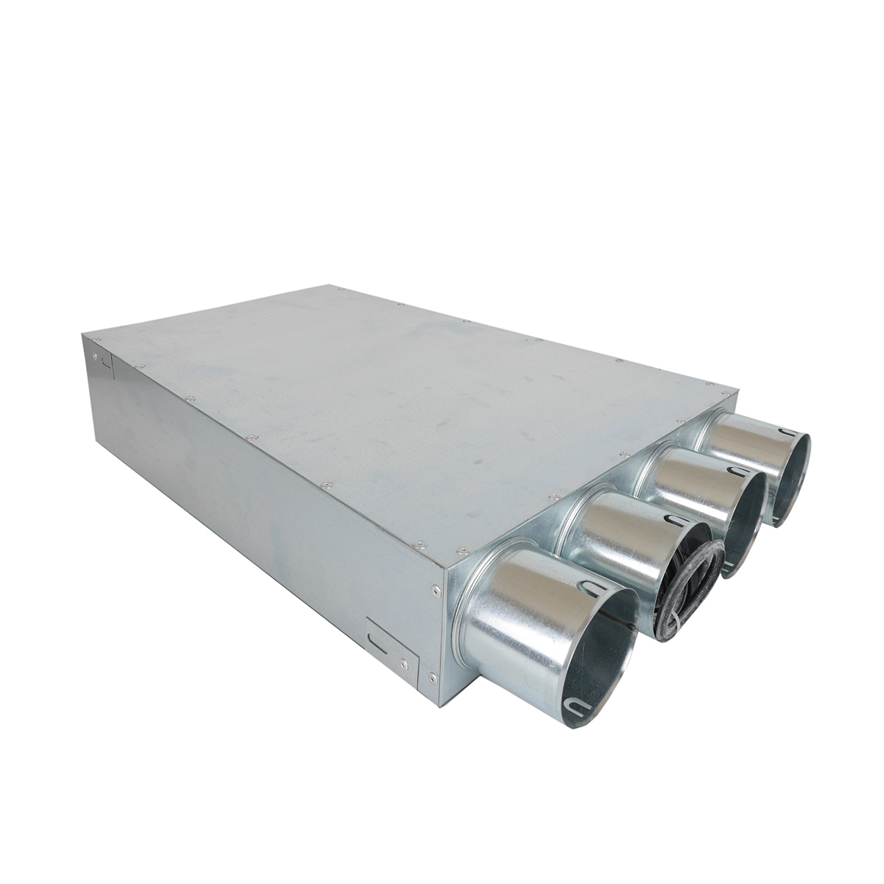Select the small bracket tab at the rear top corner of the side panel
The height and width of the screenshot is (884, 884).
[x=104, y=361]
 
